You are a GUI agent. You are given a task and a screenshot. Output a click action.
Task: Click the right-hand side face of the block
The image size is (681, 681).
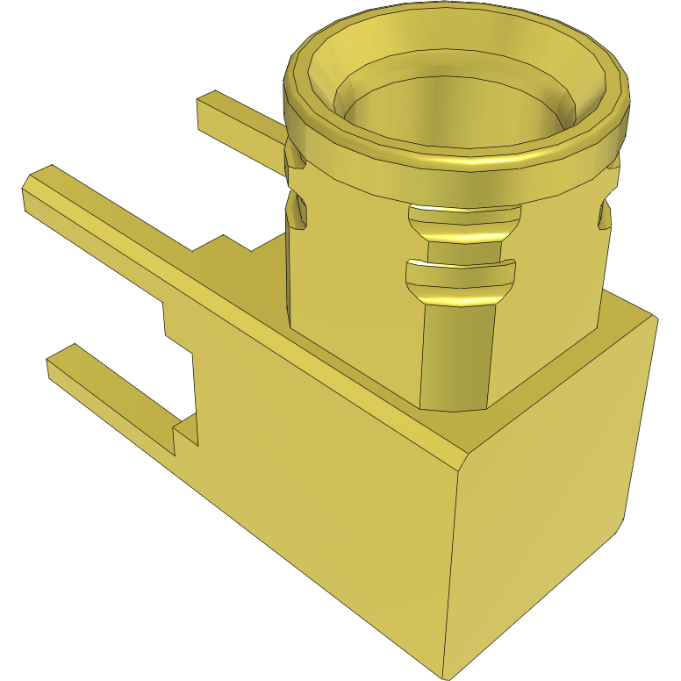click(553, 491)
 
